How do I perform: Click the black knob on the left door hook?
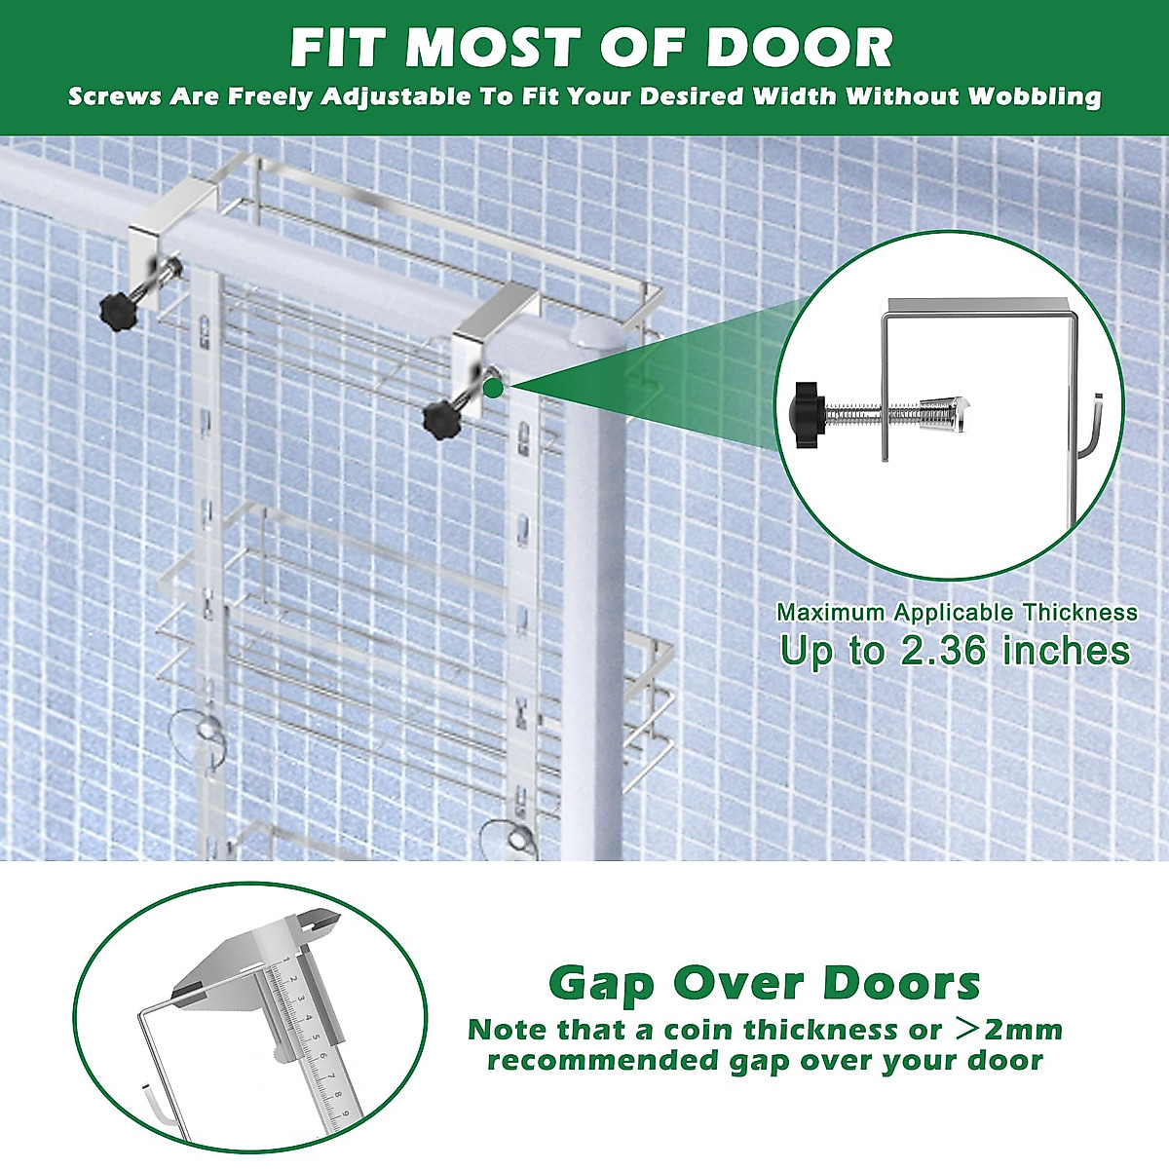pos(117,310)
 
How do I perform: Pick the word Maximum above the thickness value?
pos(831,613)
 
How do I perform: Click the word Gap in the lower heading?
pos(601,984)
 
